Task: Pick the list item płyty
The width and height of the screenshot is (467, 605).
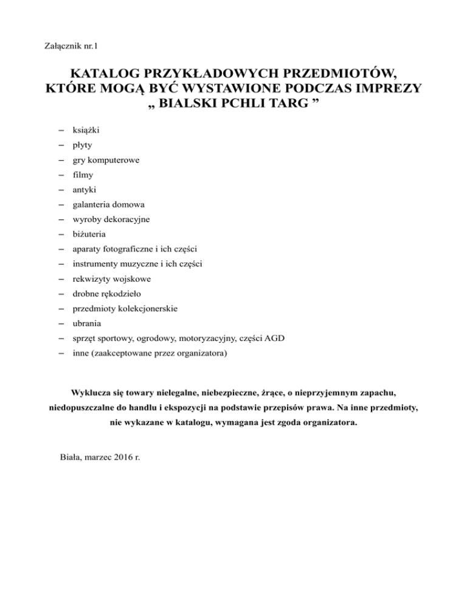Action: coord(83,146)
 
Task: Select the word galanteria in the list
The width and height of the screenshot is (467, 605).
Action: coord(92,205)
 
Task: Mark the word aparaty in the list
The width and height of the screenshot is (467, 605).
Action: coord(87,249)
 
